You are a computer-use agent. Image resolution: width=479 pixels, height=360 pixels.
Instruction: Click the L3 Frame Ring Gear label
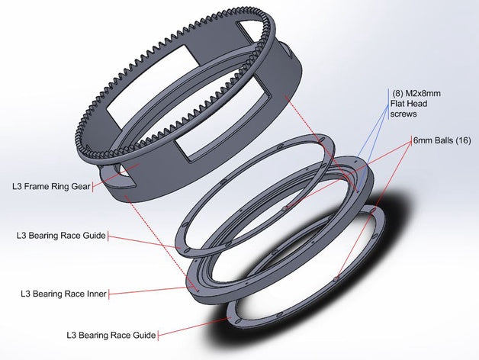pos(50,185)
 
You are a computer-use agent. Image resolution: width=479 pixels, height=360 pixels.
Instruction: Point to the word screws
pos(403,114)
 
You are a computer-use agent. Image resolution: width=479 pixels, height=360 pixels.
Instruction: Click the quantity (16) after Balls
pos(465,141)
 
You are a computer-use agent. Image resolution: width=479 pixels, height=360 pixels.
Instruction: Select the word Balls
pos(445,141)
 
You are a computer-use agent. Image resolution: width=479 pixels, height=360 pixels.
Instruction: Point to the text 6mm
pos(423,141)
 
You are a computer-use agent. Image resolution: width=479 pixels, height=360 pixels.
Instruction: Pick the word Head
pos(421,104)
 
